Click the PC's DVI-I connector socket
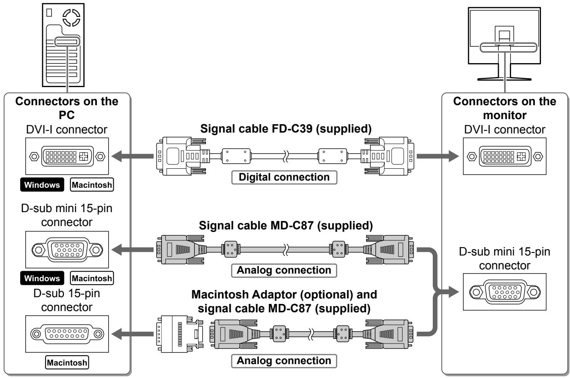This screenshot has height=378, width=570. [67, 156]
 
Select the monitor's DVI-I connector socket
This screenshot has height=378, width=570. [505, 156]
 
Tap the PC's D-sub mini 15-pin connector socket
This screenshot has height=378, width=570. [67, 250]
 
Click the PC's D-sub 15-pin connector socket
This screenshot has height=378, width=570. [67, 334]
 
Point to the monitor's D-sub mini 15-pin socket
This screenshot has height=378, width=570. [505, 292]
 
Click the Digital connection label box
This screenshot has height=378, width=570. [284, 177]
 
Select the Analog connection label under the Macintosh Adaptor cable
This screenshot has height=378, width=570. [284, 361]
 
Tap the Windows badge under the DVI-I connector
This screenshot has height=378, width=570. [42, 185]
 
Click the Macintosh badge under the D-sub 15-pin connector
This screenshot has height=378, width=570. [67, 362]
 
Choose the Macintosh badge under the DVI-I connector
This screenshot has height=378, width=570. [92, 185]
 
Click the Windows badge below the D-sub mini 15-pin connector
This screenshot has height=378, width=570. [42, 278]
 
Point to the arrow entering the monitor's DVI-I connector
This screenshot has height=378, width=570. [438, 156]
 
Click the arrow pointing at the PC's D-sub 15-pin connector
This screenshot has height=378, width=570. [132, 334]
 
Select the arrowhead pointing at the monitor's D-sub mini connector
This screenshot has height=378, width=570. [453, 292]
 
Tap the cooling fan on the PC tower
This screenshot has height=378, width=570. [72, 18]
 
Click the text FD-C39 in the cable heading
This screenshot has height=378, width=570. [292, 129]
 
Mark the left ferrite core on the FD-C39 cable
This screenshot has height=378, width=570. [236, 156]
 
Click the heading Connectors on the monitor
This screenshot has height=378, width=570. [505, 108]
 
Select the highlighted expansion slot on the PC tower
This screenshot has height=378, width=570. [67, 42]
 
